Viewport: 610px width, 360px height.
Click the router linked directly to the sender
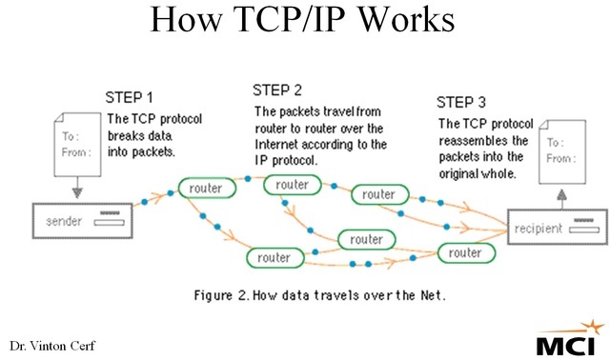(206, 188)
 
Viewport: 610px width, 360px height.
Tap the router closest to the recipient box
(465, 252)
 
